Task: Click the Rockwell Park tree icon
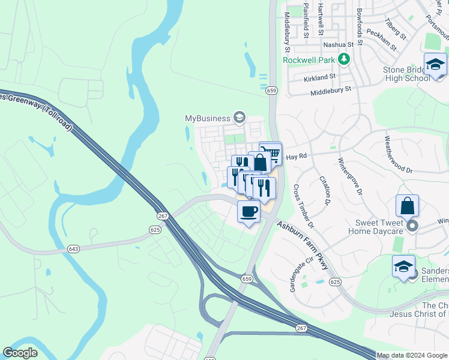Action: (x=344, y=59)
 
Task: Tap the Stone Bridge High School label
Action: (x=406, y=74)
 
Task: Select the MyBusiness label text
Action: (x=208, y=117)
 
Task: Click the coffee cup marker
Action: (x=249, y=211)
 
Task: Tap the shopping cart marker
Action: (x=271, y=153)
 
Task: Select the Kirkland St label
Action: (x=319, y=78)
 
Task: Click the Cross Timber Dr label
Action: (x=303, y=206)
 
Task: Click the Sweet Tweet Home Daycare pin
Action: (x=412, y=226)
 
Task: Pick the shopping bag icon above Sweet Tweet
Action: (x=407, y=206)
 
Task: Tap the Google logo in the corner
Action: (x=20, y=353)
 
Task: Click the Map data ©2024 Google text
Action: (x=412, y=355)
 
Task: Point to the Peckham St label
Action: (x=381, y=40)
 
